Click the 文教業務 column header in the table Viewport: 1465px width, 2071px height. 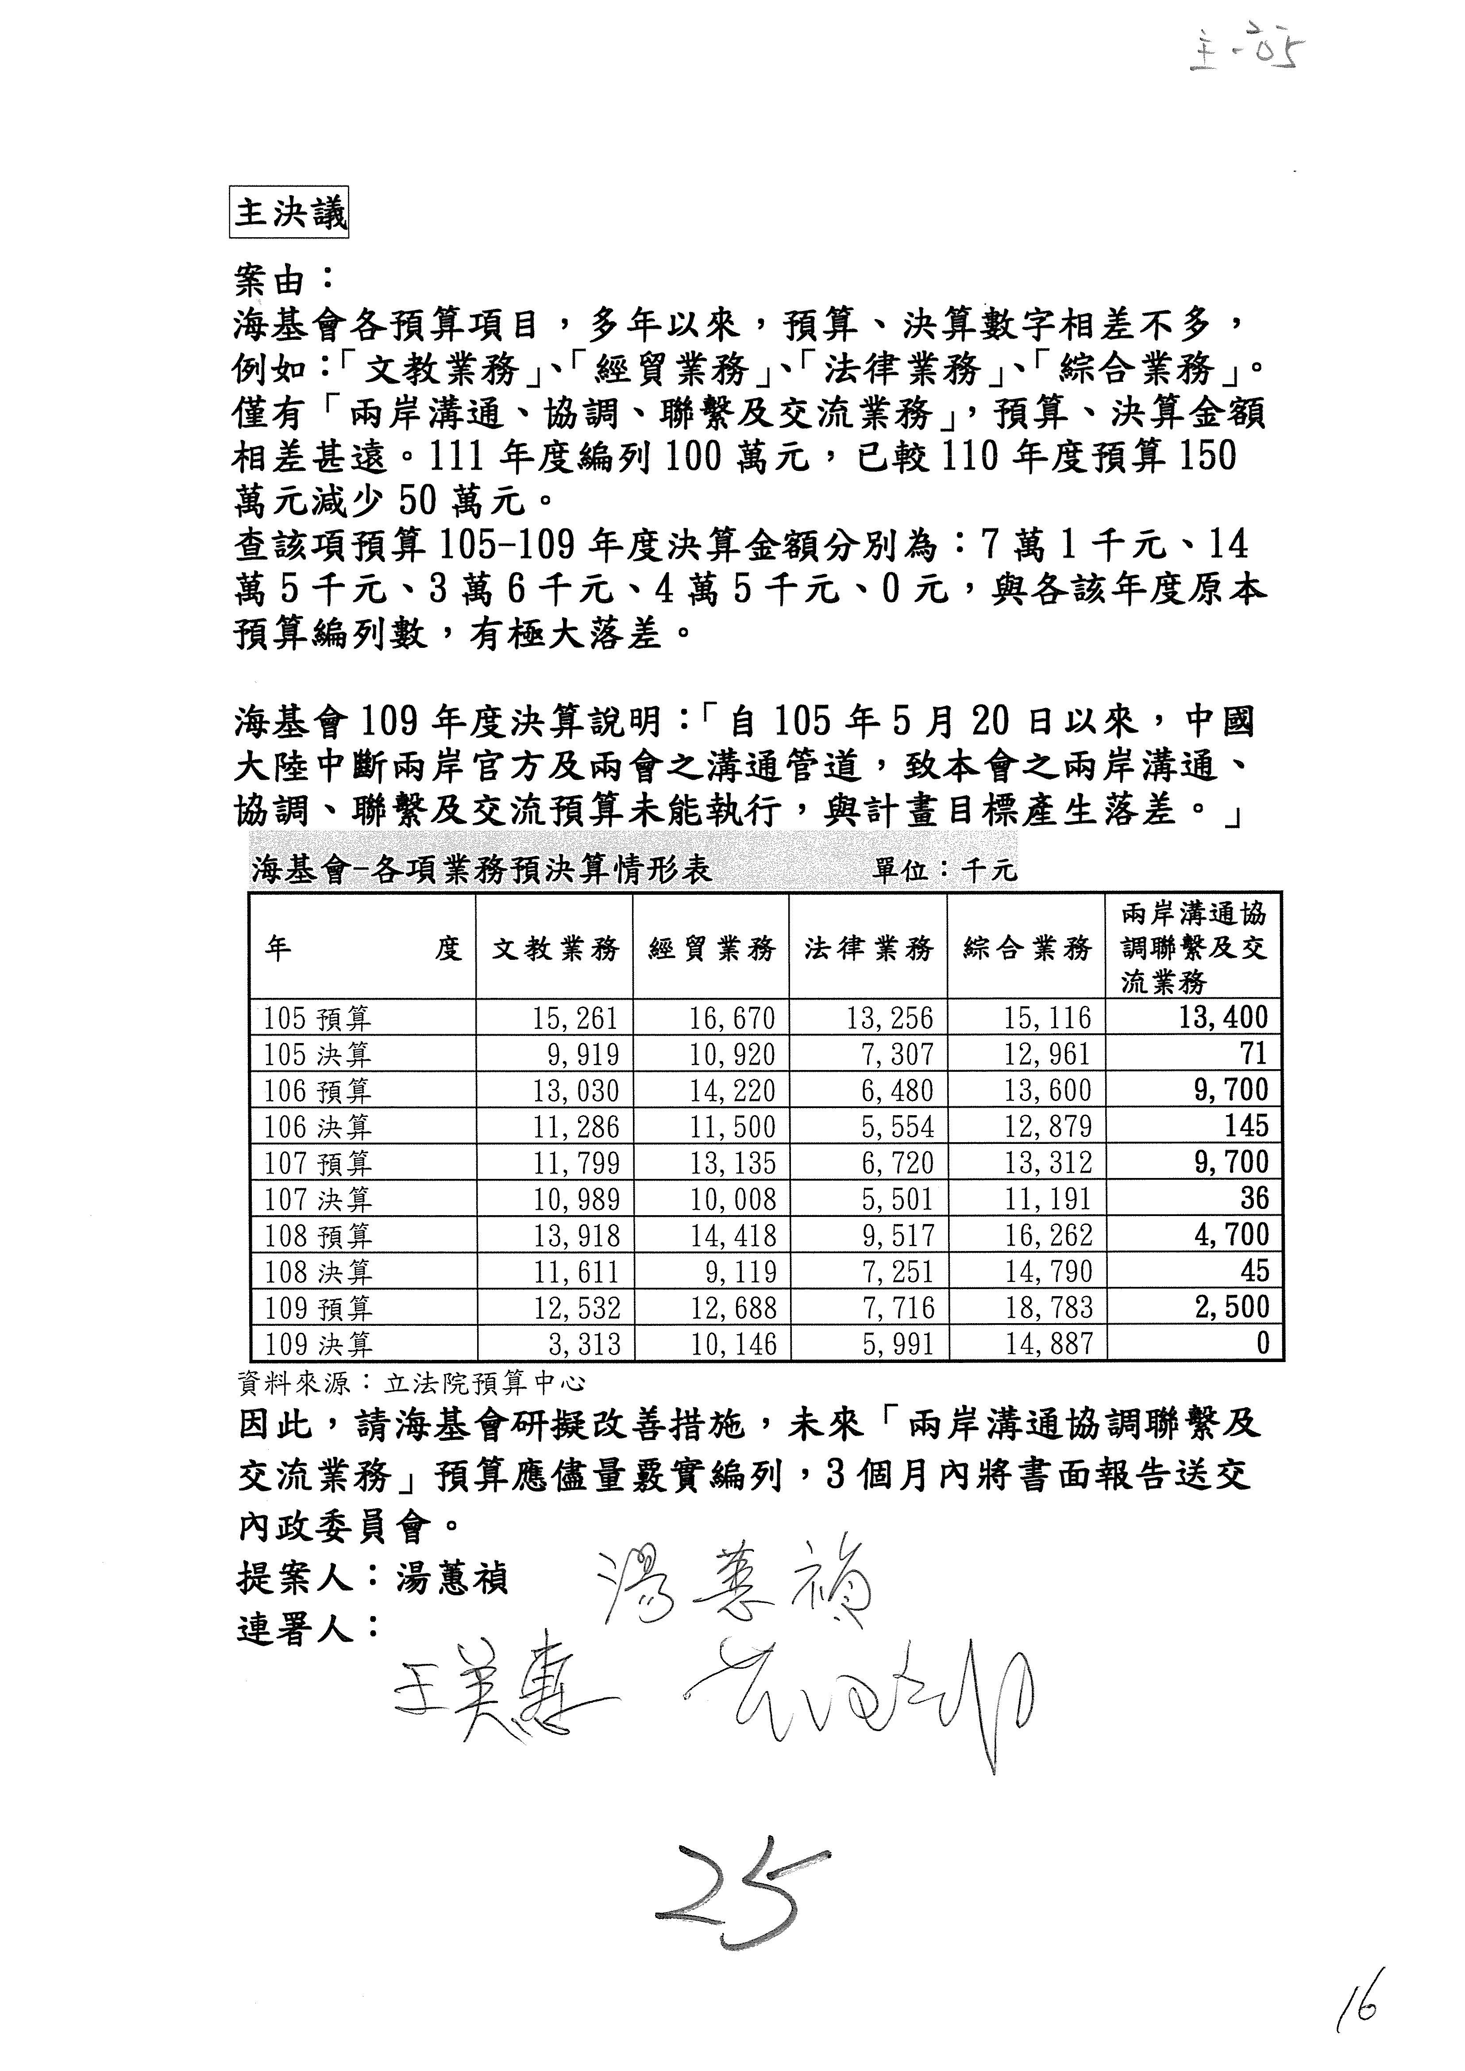tap(555, 948)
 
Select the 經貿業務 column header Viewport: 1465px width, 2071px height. tap(712, 948)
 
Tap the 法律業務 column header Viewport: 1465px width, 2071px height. tap(869, 948)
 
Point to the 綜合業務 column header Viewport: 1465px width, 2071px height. tap(1027, 948)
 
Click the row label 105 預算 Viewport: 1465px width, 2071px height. tap(317, 1018)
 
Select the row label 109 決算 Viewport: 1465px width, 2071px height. tap(317, 1345)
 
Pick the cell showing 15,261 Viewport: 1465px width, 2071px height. tap(574, 1018)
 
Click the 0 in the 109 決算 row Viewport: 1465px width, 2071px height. tap(1262, 1344)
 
